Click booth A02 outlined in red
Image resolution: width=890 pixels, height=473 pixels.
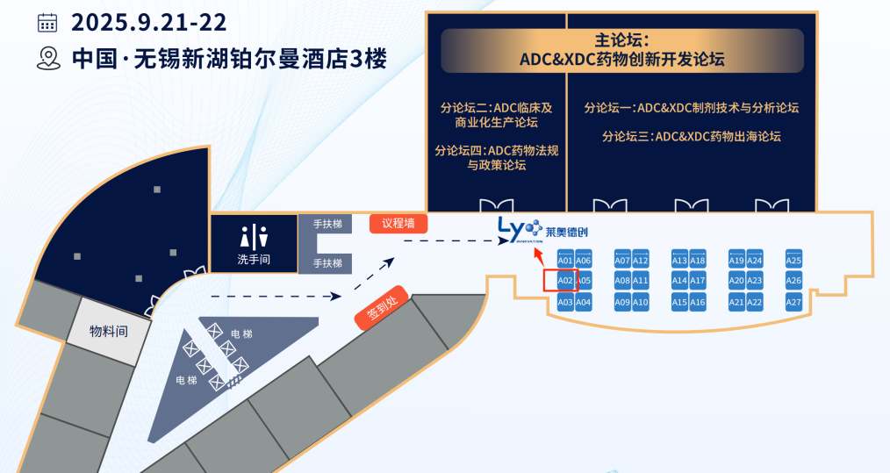click(x=565, y=281)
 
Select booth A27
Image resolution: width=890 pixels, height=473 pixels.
click(x=793, y=302)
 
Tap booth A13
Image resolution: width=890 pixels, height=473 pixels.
click(x=679, y=261)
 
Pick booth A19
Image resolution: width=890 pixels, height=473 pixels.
click(x=736, y=261)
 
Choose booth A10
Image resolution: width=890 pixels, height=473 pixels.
click(x=641, y=302)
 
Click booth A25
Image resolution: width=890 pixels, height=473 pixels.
click(x=793, y=261)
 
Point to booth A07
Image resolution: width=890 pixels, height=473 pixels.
click(x=622, y=261)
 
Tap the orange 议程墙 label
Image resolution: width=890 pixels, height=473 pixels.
click(x=398, y=223)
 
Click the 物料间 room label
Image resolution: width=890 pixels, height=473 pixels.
click(x=109, y=331)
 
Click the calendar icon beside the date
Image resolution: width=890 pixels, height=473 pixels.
click(x=47, y=22)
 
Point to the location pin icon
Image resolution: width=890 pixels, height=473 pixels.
click(x=47, y=59)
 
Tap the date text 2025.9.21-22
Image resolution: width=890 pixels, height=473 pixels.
click(x=149, y=22)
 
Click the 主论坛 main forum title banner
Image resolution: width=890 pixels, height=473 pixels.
click(x=621, y=50)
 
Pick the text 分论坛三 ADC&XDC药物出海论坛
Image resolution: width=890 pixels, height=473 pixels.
click(x=691, y=136)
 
